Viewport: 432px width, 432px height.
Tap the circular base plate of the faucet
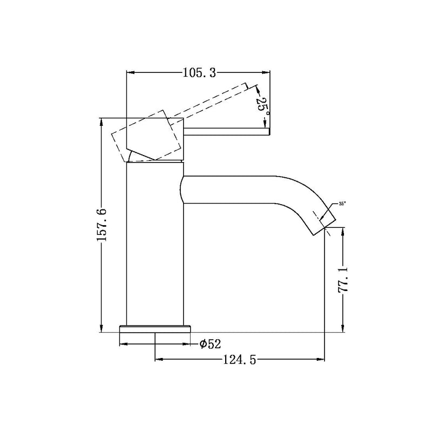pyautogui.click(x=156, y=329)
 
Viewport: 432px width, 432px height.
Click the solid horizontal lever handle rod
pyautogui.click(x=227, y=130)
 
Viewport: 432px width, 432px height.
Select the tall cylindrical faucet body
pyautogui.click(x=155, y=243)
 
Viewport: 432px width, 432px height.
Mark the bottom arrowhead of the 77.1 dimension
pyautogui.click(x=342, y=329)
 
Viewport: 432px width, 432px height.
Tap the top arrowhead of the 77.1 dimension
pyautogui.click(x=342, y=232)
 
